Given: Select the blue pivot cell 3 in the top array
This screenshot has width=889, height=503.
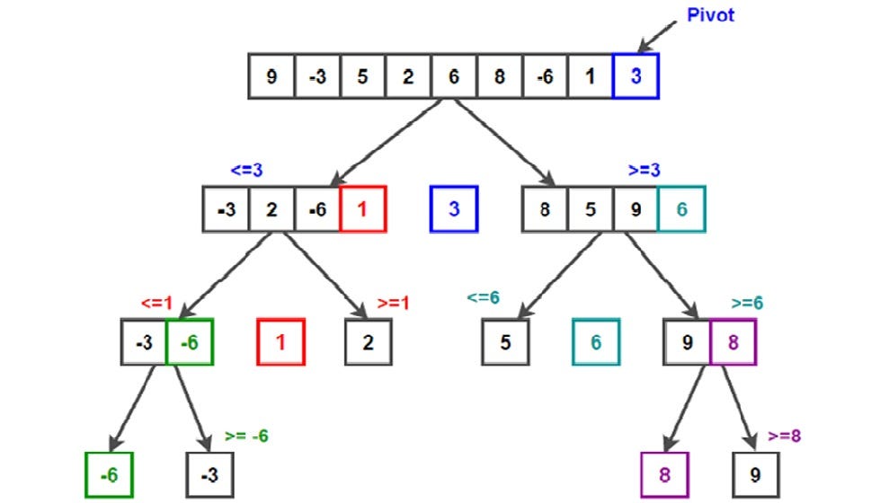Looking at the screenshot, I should (x=636, y=76).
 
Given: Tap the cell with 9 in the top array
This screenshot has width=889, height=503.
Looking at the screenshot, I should (x=271, y=76).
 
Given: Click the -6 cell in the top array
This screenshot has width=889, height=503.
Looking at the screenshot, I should (x=545, y=76).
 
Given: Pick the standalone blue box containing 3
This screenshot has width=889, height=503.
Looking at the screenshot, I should (x=454, y=209).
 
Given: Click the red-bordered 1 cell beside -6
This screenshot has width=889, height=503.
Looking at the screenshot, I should (x=363, y=209).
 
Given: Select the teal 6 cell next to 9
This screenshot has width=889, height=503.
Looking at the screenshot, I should (x=681, y=209).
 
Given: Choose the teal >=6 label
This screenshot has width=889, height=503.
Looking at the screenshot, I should (x=745, y=303).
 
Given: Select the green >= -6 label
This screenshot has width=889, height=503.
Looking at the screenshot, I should (x=245, y=437).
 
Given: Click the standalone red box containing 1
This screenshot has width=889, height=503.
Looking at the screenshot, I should (x=281, y=343).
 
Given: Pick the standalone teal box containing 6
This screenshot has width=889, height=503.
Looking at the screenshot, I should (x=596, y=343).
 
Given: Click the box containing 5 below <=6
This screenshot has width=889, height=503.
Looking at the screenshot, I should (x=505, y=343).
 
